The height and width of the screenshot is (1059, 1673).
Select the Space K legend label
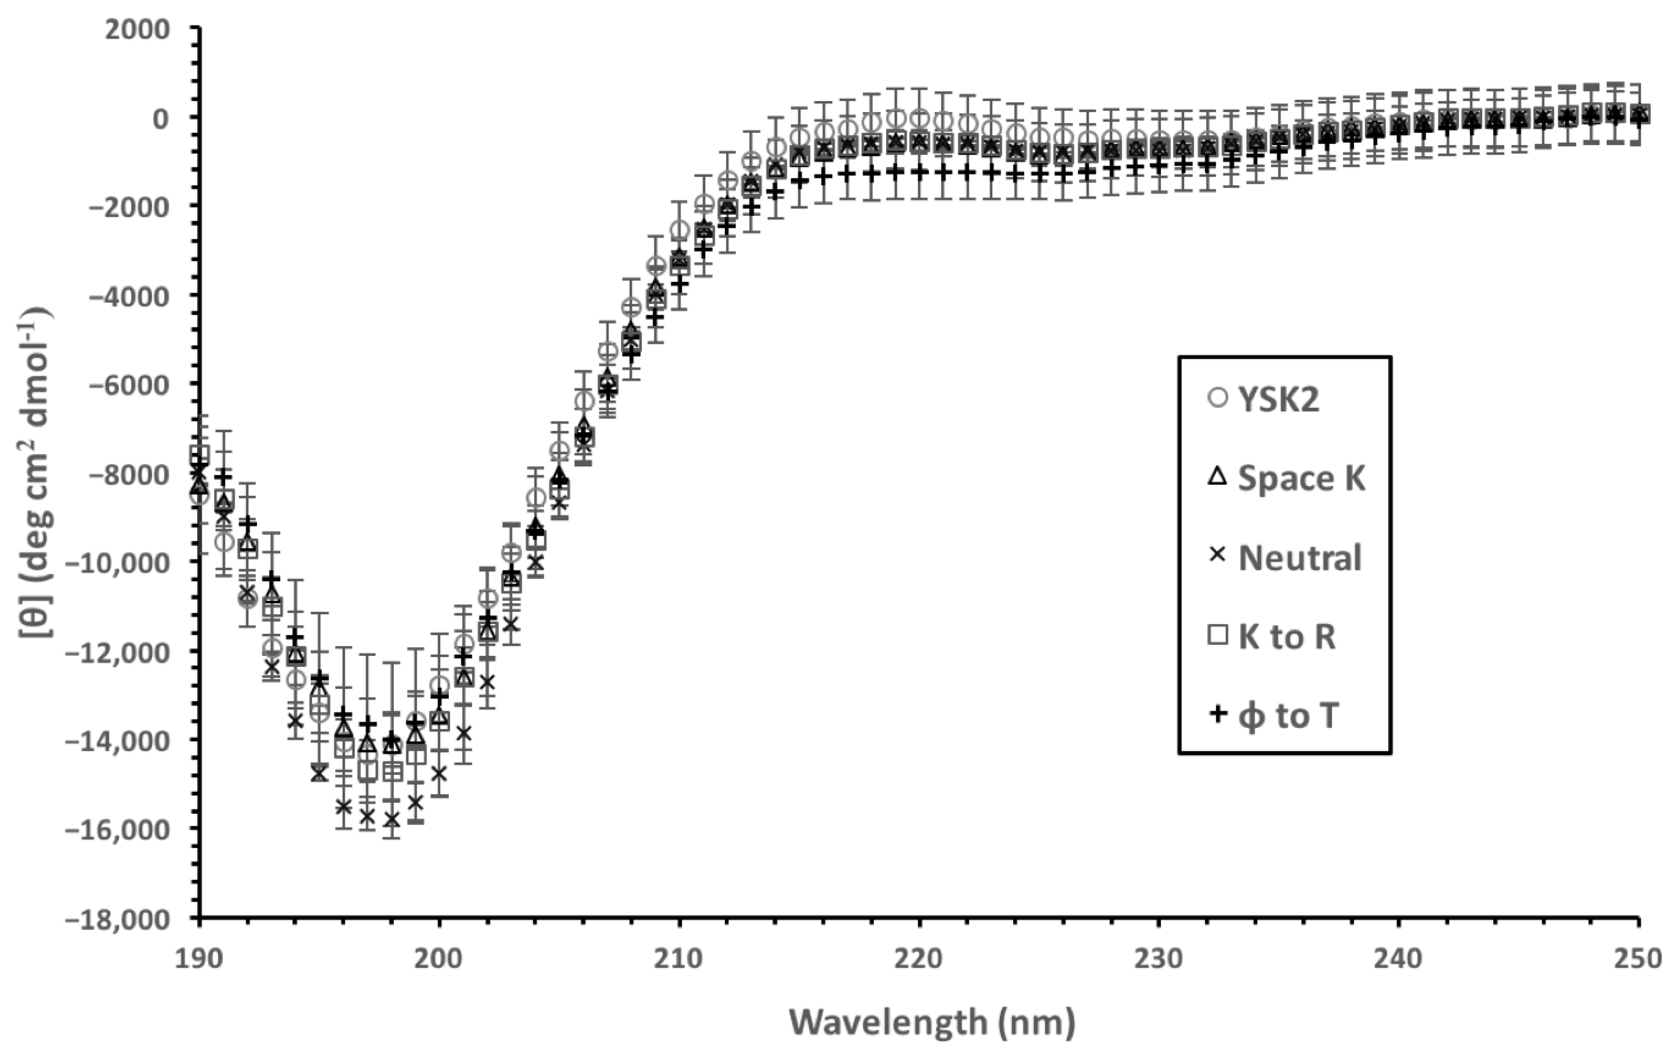(1301, 479)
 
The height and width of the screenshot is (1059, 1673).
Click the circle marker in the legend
(1218, 398)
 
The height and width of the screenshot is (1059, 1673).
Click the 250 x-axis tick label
(1640, 958)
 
